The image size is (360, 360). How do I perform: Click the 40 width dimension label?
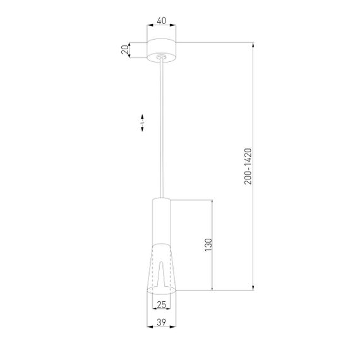point(162,20)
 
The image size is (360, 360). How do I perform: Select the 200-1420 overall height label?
point(248,166)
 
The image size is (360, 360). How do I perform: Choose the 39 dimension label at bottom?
point(162,323)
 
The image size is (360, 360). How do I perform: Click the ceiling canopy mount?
point(162,50)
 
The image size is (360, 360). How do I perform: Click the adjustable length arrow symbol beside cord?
point(143,123)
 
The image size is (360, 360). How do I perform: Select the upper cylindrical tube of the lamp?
point(162,221)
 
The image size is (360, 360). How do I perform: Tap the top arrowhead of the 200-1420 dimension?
point(254,45)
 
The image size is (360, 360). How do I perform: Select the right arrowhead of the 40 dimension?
point(175,26)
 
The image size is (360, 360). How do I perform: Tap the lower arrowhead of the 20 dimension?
point(131,56)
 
